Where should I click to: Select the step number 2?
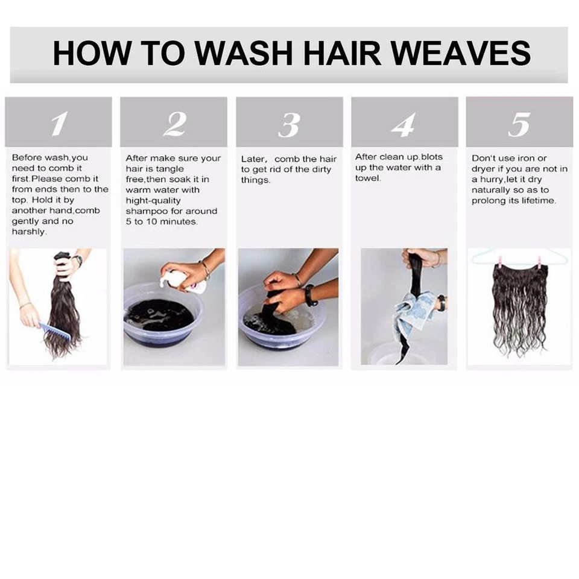(174, 125)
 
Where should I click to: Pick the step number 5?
(519, 125)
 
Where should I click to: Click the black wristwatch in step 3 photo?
(311, 295)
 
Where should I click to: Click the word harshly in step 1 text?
(29, 232)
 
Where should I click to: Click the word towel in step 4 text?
(368, 179)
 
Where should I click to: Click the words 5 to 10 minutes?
(161, 221)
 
